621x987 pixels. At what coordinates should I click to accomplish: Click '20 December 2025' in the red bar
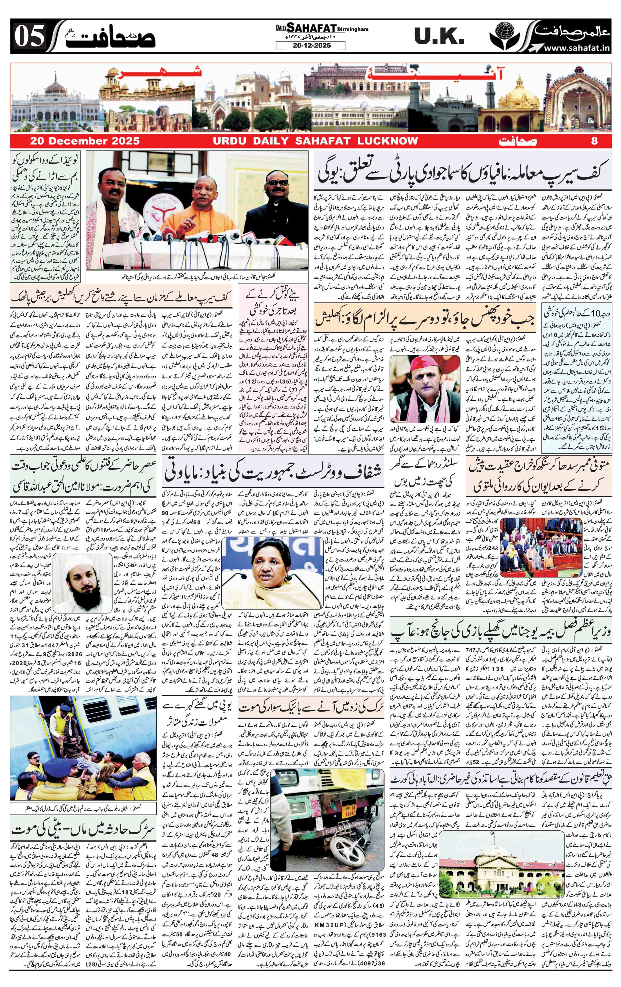[x=84, y=141]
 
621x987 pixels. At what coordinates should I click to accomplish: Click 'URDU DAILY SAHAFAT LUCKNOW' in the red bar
[x=315, y=141]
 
